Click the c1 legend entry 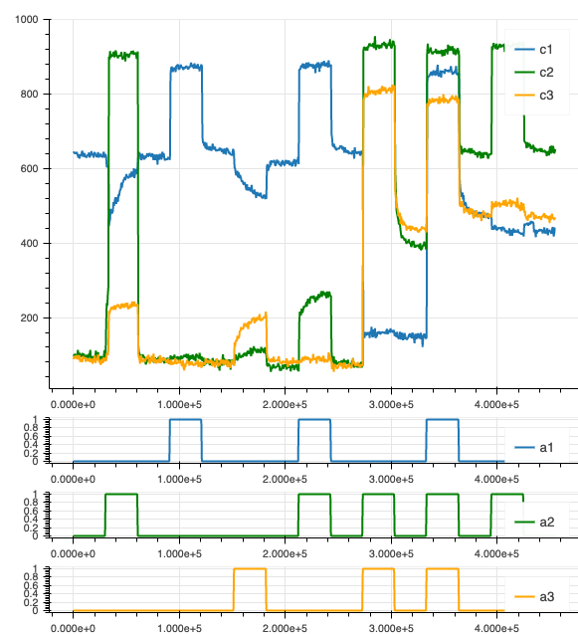coord(533,50)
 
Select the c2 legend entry coord(533,73)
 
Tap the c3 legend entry coord(533,96)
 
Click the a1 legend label coord(546,447)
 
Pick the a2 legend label coord(547,522)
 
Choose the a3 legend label coord(547,597)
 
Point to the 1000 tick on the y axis coord(27,20)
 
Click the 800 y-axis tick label coord(30,95)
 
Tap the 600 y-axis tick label coord(30,168)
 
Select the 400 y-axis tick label coord(30,244)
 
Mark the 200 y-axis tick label coord(30,317)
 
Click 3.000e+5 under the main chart coord(391,404)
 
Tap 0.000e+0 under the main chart coord(73,404)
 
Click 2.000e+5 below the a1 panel coord(285,479)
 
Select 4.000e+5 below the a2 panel coord(496,553)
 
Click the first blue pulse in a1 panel coord(185,420)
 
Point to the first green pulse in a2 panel coord(121,494)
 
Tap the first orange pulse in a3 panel coord(250,569)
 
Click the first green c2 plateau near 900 coord(123,55)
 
